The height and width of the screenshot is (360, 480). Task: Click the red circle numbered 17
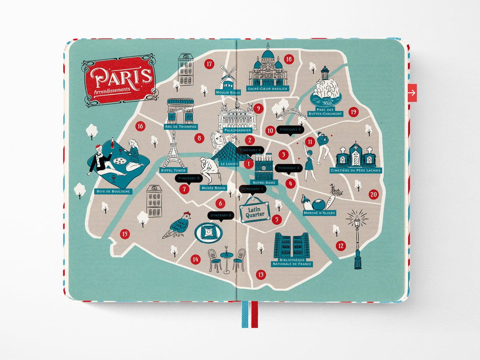(209, 64)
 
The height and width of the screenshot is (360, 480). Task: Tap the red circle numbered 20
(374, 194)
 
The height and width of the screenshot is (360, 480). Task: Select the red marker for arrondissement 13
(261, 274)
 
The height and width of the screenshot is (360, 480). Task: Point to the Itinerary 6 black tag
(221, 215)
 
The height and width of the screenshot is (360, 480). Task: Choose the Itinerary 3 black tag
(189, 179)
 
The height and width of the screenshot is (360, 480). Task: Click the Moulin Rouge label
(228, 92)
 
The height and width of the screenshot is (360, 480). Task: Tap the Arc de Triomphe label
(181, 127)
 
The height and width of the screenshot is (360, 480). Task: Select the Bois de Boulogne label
(113, 192)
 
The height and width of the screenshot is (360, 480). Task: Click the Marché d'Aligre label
(319, 213)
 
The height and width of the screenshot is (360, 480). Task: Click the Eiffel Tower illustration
(173, 152)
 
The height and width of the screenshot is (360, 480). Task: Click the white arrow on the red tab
(412, 93)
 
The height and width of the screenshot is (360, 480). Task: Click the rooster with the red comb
(178, 226)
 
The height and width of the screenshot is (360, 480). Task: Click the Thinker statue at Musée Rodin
(208, 170)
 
